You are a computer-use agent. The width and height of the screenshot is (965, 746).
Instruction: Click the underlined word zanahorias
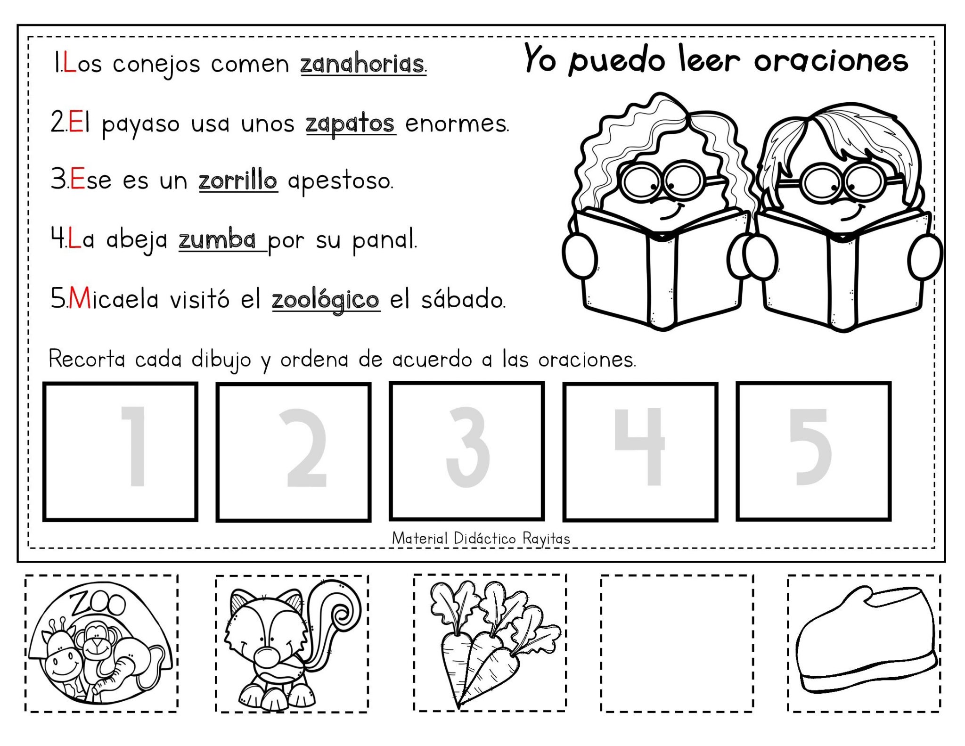pos(362,64)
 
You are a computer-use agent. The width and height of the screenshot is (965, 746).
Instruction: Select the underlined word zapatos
pos(350,124)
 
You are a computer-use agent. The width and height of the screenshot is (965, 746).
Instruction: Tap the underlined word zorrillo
pos(238,180)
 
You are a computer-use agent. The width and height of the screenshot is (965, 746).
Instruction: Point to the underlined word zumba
pos(218,240)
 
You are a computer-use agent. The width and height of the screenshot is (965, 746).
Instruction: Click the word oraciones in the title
pos(831,61)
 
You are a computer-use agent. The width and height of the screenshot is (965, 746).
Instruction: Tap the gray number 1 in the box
pos(135,446)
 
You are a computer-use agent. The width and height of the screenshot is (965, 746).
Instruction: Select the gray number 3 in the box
pos(467,447)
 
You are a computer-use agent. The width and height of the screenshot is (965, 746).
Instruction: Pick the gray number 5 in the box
pos(810,447)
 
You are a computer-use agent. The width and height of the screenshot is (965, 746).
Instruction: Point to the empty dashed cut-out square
pos(677,643)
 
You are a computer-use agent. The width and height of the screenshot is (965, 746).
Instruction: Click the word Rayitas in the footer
pos(546,539)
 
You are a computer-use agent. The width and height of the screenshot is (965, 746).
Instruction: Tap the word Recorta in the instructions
pos(87,360)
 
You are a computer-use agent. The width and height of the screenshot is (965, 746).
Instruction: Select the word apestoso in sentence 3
pos(340,181)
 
